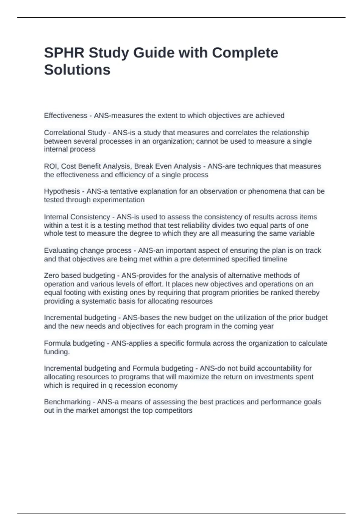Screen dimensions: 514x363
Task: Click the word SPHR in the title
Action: (64, 53)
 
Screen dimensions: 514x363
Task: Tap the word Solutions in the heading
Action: (77, 70)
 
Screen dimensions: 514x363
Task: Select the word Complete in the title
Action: (245, 53)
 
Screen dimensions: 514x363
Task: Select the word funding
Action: (57, 352)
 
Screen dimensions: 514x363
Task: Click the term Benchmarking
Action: (67, 402)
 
